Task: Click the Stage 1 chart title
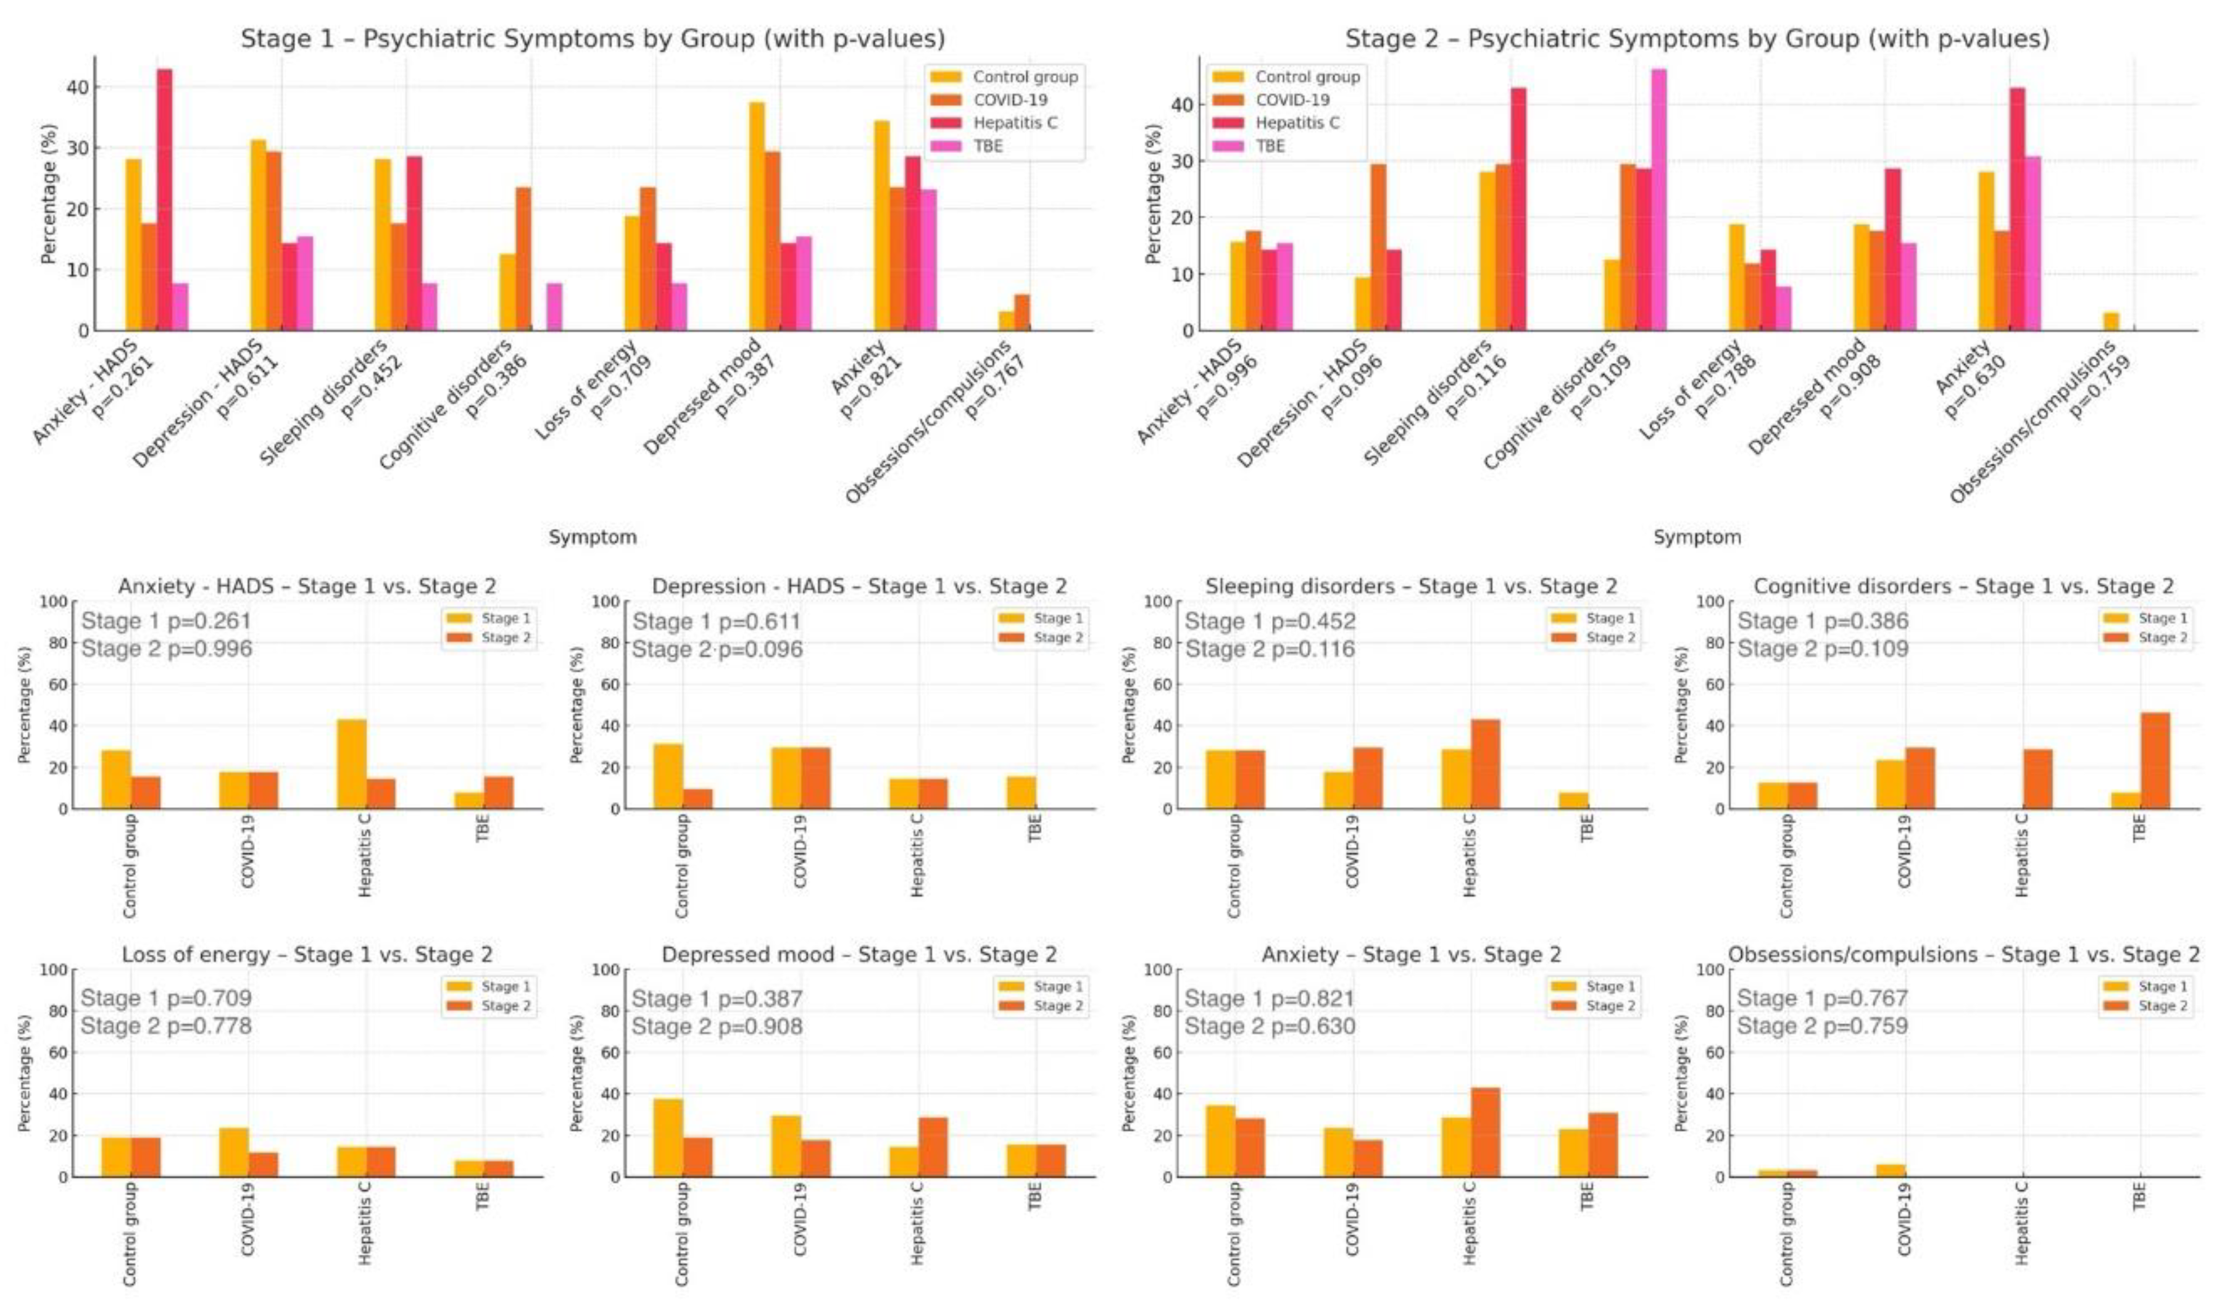pos(593,39)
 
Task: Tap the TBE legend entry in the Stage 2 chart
pos(1270,146)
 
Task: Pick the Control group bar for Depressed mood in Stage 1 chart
pos(757,216)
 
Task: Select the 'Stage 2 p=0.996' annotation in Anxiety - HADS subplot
pos(167,649)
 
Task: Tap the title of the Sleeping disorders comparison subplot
pos(1411,586)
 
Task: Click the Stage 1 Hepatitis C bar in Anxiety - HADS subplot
pos(351,763)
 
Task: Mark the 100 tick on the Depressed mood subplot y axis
pos(603,970)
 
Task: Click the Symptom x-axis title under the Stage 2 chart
pos(1697,537)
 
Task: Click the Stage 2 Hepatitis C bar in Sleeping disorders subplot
pos(1485,763)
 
